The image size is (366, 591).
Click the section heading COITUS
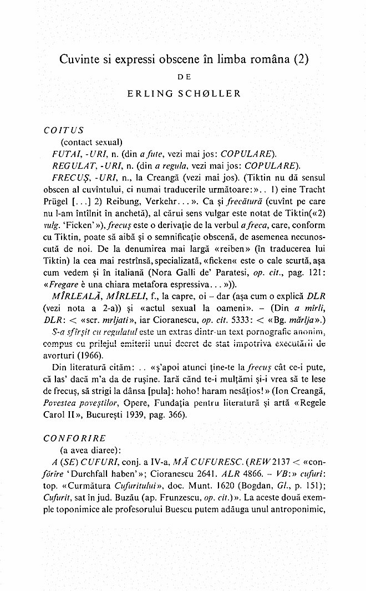(x=63, y=131)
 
